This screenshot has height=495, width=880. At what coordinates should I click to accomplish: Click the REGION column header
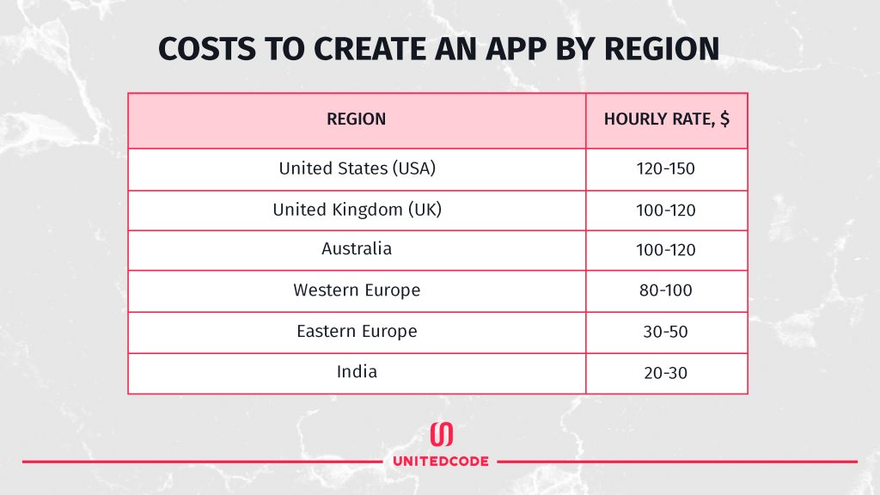(x=357, y=119)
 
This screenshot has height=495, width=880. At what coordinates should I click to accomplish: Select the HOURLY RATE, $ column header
(x=667, y=119)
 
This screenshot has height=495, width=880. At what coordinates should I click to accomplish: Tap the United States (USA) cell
(x=357, y=168)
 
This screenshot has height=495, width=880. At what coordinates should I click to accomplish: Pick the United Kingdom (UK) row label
(x=357, y=210)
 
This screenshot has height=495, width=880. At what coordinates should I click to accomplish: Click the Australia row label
(x=357, y=248)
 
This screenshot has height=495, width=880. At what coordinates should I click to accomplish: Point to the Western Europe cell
(x=357, y=290)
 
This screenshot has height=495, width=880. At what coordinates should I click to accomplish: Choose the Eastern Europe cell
(x=357, y=331)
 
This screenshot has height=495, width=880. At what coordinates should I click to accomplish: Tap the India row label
(x=357, y=371)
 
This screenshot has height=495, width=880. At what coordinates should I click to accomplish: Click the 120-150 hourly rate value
(x=666, y=168)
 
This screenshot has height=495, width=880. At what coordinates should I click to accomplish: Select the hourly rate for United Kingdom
(x=666, y=210)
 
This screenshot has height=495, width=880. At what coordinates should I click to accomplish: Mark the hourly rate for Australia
(x=666, y=250)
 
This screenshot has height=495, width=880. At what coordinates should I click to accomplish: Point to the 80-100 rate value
(x=666, y=290)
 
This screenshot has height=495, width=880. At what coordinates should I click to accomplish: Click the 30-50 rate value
(x=666, y=332)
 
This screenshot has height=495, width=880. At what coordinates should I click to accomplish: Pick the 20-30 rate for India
(x=666, y=373)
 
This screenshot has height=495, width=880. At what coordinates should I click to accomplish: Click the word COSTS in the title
(x=207, y=49)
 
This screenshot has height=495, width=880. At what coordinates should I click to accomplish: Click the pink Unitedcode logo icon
(x=441, y=434)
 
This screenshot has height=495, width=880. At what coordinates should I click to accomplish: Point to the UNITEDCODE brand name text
(x=441, y=461)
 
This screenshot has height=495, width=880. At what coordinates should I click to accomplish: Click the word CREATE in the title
(x=370, y=49)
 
